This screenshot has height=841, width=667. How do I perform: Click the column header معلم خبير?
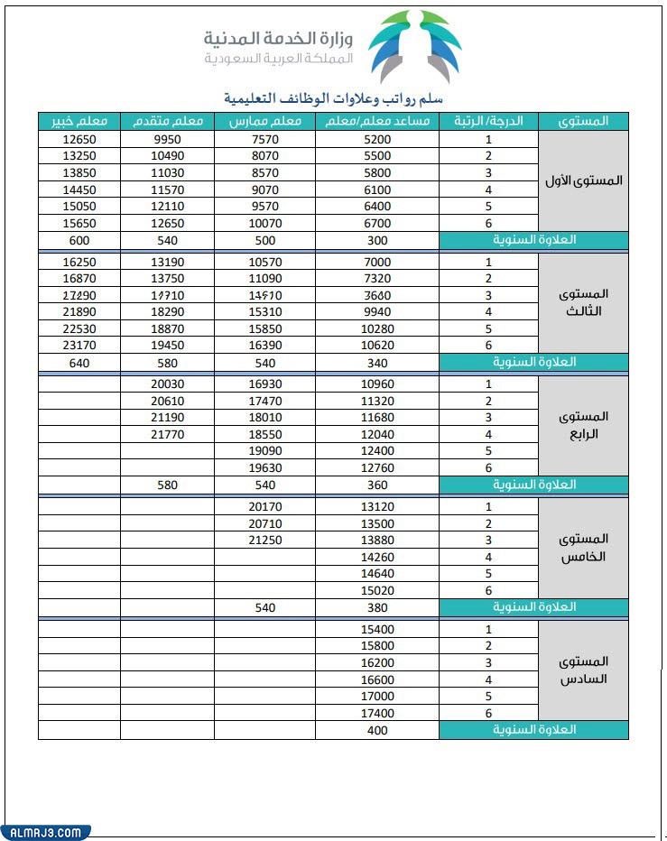(x=79, y=121)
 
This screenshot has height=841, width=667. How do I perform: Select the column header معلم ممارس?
(x=264, y=121)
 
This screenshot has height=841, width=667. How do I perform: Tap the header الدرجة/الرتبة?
(x=488, y=121)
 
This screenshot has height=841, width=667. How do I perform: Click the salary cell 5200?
(x=377, y=140)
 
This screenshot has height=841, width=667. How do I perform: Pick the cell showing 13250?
(x=79, y=156)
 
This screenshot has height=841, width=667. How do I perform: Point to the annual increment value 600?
(x=79, y=241)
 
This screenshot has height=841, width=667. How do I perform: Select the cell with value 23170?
(x=79, y=345)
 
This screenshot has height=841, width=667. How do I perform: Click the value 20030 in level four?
(x=167, y=384)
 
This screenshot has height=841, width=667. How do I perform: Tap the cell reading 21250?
(x=264, y=541)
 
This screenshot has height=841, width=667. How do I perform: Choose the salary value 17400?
(x=377, y=713)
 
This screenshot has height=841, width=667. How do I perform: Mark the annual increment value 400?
(x=377, y=730)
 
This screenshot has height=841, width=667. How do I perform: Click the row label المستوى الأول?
(x=583, y=180)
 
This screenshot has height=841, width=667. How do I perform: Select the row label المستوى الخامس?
(x=583, y=548)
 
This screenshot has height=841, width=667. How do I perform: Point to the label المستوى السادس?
(x=583, y=670)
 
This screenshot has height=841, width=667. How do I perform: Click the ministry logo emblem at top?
(x=418, y=44)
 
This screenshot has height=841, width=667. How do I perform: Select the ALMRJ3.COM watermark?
(x=45, y=832)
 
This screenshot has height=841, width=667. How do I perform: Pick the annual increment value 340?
(x=377, y=363)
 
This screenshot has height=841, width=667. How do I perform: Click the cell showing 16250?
(x=79, y=262)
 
